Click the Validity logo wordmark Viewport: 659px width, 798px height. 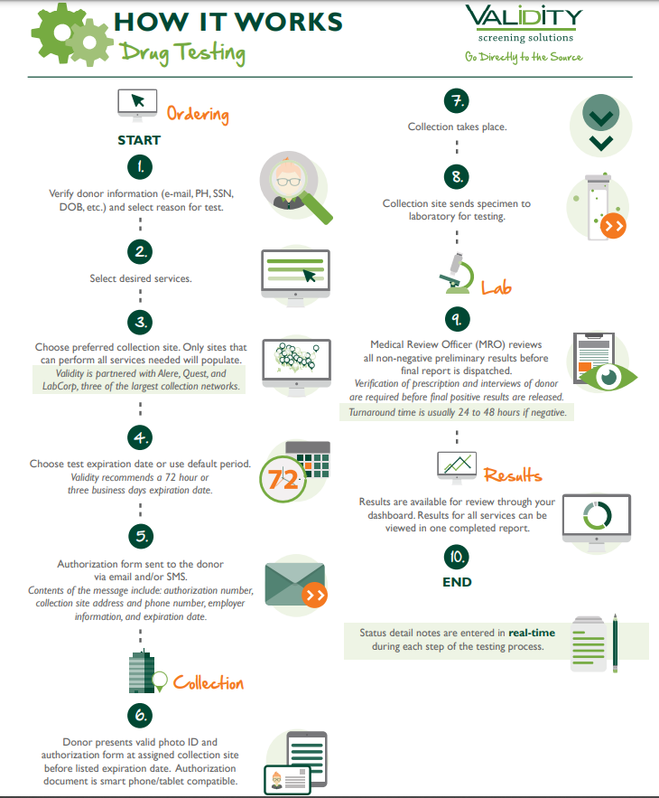[x=524, y=18]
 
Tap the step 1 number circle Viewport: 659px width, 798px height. [x=139, y=167]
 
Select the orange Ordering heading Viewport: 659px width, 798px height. [x=197, y=114]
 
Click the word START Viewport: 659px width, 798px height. [x=139, y=140]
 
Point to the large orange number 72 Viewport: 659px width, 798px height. [x=283, y=479]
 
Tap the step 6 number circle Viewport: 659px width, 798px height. [x=139, y=715]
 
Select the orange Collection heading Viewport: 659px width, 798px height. [x=209, y=682]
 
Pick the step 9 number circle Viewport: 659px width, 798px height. [x=457, y=318]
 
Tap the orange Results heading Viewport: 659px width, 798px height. [x=512, y=474]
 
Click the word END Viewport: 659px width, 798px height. [x=457, y=582]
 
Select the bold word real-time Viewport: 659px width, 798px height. [x=532, y=633]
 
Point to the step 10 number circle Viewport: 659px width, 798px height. [x=457, y=555]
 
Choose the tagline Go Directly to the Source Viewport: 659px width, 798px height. [x=524, y=57]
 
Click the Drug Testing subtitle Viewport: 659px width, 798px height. [x=183, y=53]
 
